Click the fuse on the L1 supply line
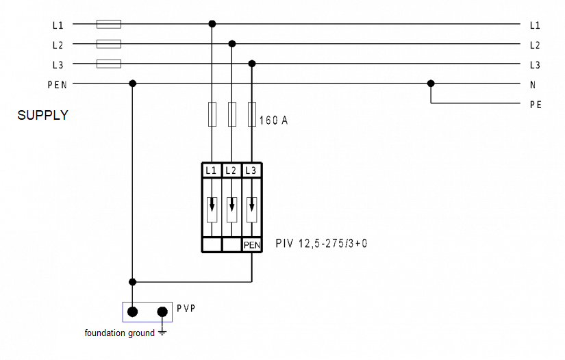(109, 24)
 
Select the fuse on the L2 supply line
(109, 44)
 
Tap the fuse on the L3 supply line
(109, 64)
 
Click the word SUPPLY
(43, 115)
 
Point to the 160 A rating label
(273, 120)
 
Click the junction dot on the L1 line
(212, 24)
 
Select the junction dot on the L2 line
(232, 44)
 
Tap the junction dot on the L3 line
(252, 64)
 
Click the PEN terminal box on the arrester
(252, 245)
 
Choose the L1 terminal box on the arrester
(212, 170)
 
